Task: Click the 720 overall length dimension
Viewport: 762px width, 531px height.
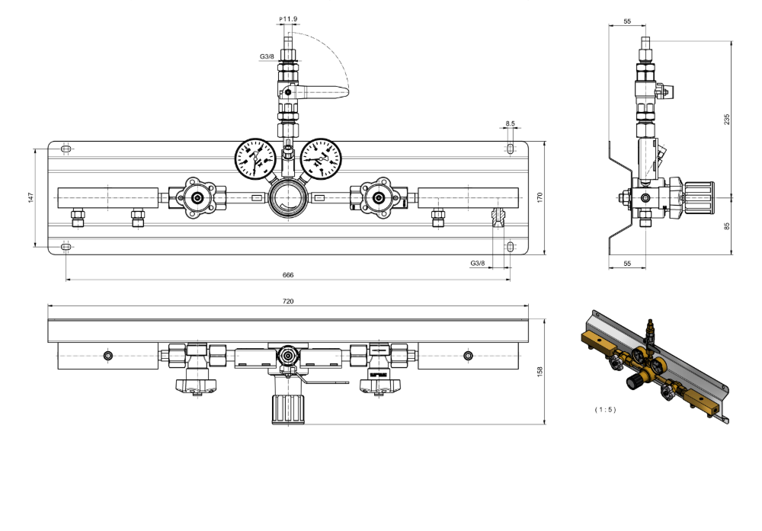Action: point(288,302)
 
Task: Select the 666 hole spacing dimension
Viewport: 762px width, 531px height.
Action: point(288,274)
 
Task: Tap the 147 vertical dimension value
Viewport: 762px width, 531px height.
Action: point(30,197)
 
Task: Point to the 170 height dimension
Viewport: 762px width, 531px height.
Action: point(539,197)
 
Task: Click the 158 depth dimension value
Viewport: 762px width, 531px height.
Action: point(539,371)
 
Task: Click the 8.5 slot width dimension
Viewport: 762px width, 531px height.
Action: point(510,123)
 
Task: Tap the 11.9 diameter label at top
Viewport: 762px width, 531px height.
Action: point(289,18)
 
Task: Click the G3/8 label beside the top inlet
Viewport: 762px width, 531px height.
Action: point(267,56)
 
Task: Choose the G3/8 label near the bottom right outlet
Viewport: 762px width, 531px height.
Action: point(477,263)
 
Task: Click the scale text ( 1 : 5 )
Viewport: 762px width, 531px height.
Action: point(605,409)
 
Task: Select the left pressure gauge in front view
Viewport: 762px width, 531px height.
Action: point(255,158)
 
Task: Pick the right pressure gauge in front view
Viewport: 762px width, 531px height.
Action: point(321,158)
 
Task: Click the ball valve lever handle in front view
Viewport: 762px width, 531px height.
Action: point(324,93)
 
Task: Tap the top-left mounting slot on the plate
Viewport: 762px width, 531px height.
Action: point(66,149)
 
